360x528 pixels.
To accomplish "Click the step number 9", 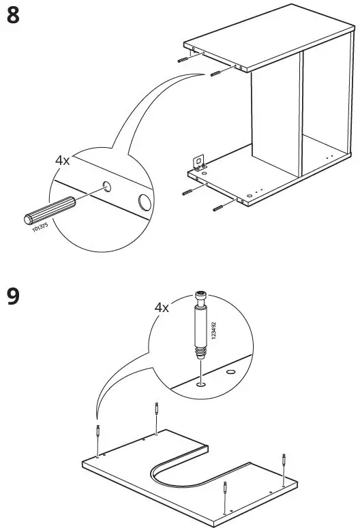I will [x=13, y=298].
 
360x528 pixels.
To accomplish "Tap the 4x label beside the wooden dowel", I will [x=63, y=161].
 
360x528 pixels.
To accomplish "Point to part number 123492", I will [x=213, y=332].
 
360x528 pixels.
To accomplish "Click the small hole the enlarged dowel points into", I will [x=107, y=185].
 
